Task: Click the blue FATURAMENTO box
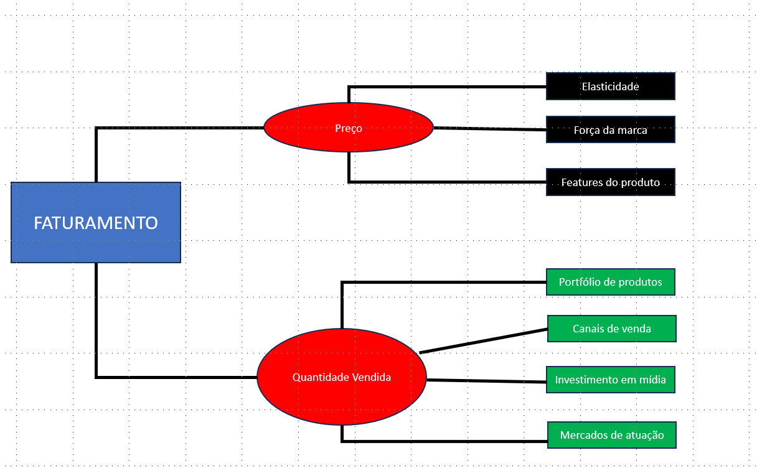pyautogui.click(x=96, y=222)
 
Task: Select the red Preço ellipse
pyautogui.click(x=348, y=128)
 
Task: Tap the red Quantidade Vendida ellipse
pyautogui.click(x=342, y=377)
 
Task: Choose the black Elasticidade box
pyautogui.click(x=610, y=86)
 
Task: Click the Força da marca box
pyautogui.click(x=610, y=130)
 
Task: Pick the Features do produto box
pyautogui.click(x=610, y=182)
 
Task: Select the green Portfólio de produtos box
pyautogui.click(x=610, y=282)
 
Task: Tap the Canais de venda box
pyautogui.click(x=611, y=329)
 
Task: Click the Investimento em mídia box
pyautogui.click(x=610, y=380)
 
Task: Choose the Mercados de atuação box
pyautogui.click(x=611, y=435)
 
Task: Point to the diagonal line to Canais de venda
pyautogui.click(x=484, y=340)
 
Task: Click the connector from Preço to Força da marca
pyautogui.click(x=489, y=129)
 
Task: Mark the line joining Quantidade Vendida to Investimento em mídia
pyautogui.click(x=486, y=380)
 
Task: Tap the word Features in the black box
pyautogui.click(x=582, y=182)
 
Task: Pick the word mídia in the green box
pyautogui.click(x=652, y=380)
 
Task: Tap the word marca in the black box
pyautogui.click(x=633, y=130)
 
